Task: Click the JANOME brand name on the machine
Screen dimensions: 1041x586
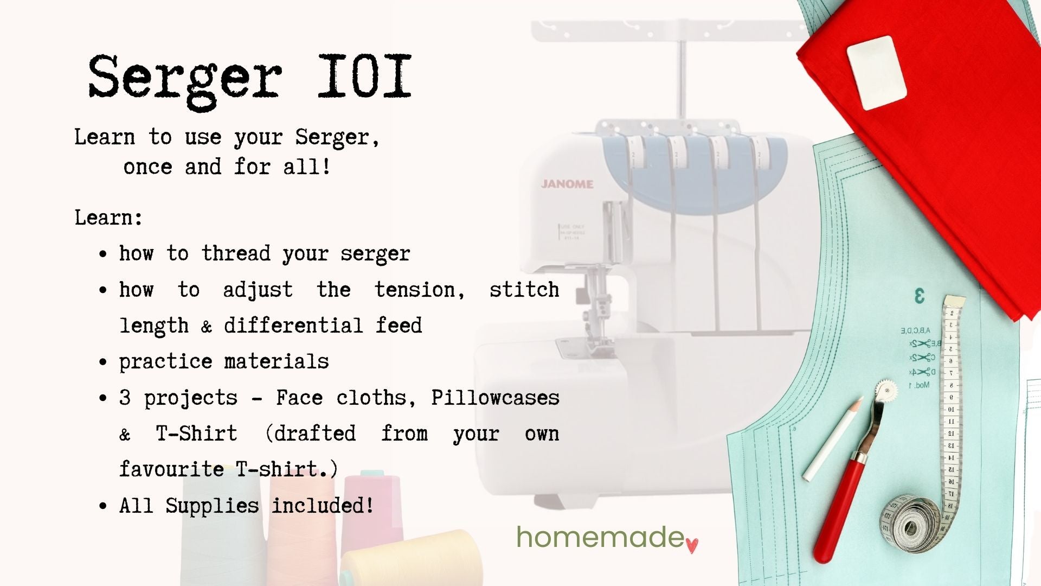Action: click(567, 184)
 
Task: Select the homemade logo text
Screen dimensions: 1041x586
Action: click(600, 537)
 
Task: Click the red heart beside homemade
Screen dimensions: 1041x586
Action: click(692, 545)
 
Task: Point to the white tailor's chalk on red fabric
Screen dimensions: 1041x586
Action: click(876, 73)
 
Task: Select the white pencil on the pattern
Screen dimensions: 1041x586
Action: click(832, 439)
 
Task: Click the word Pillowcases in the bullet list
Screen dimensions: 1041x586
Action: click(495, 398)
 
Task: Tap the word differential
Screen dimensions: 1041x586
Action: click(293, 326)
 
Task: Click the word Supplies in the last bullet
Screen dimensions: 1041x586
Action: click(212, 506)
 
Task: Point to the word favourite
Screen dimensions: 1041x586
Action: click(171, 469)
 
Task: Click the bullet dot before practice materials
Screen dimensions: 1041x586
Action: click(104, 362)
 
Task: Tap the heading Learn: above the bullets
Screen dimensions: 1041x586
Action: click(108, 218)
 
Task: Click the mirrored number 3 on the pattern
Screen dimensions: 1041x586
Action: click(919, 296)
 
